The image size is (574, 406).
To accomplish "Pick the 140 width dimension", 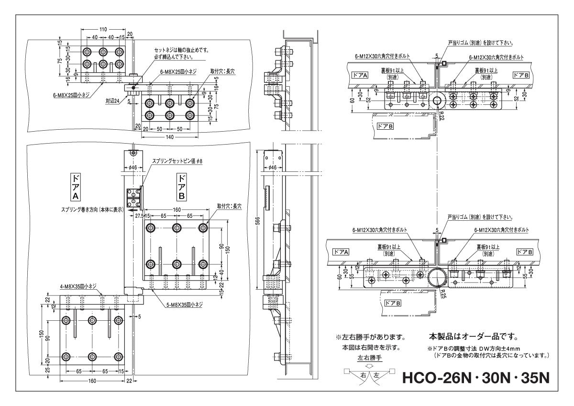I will [169, 137].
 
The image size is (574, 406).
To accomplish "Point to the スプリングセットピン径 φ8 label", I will [177, 161].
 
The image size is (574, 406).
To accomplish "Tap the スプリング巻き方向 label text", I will [92, 209].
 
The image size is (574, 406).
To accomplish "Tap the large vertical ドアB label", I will [182, 187].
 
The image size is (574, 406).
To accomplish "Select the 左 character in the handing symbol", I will [376, 375].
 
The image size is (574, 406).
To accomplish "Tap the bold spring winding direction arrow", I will [135, 209].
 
